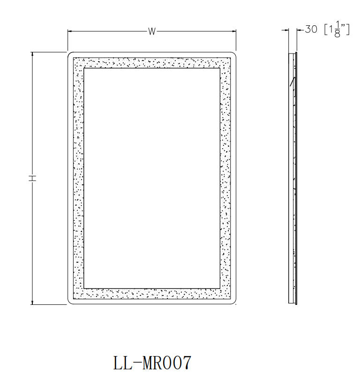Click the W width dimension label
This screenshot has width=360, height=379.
click(x=152, y=31)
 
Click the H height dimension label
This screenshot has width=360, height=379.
click(x=32, y=178)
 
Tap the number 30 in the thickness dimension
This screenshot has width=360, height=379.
click(x=311, y=29)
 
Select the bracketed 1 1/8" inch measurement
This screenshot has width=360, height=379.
click(x=337, y=29)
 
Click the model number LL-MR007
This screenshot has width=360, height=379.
click(x=152, y=363)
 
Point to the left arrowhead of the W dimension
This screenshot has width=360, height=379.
click(x=69, y=31)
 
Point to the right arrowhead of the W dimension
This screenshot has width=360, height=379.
click(x=234, y=31)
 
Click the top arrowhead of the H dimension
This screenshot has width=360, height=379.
click(x=32, y=54)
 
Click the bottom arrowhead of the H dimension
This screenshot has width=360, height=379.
click(x=32, y=302)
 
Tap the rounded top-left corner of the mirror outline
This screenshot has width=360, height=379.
click(x=69, y=54)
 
